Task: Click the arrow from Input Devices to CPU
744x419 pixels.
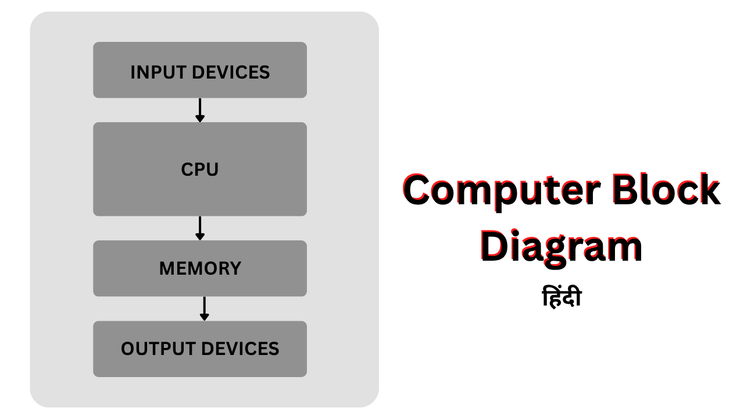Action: click(x=199, y=110)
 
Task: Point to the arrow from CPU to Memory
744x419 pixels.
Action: click(x=199, y=228)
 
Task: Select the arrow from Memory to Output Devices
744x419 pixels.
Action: click(x=204, y=308)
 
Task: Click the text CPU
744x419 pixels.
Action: click(x=199, y=170)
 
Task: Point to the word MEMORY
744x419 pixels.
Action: click(x=199, y=269)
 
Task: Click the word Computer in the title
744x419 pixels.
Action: click(x=494, y=191)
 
